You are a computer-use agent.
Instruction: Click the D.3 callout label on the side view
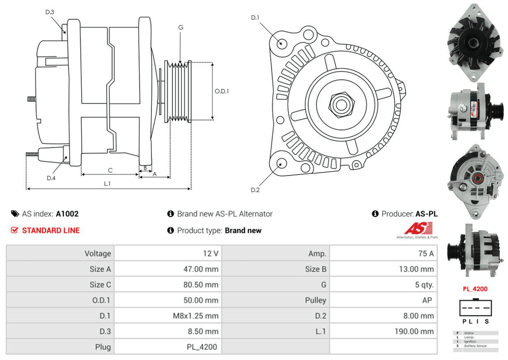pos(50,12)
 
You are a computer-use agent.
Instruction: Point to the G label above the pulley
pos(181,27)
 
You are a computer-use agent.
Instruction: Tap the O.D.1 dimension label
pos(221,92)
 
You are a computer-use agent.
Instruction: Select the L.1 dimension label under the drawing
pos(107,183)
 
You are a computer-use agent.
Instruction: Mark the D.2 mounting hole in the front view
pos(281,164)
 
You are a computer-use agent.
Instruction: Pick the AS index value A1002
pos(67,214)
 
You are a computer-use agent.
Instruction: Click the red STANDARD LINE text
pos(51,230)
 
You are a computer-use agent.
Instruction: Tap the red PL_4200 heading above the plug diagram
pos(474,289)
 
